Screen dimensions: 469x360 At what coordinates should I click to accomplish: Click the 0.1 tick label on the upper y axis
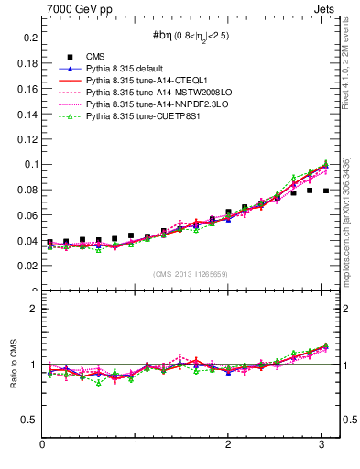(27, 165)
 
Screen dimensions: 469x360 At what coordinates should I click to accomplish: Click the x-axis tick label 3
(322, 445)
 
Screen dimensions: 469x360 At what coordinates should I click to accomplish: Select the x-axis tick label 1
(136, 445)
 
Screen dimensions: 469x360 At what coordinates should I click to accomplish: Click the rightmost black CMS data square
(326, 191)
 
